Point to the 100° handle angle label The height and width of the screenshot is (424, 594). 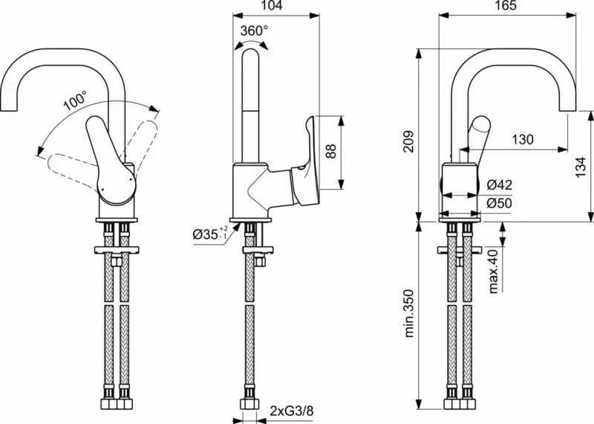click(x=74, y=100)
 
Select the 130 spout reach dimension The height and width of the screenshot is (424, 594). click(x=522, y=139)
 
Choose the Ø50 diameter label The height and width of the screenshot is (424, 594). click(x=500, y=203)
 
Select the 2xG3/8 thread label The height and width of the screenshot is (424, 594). click(x=292, y=410)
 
